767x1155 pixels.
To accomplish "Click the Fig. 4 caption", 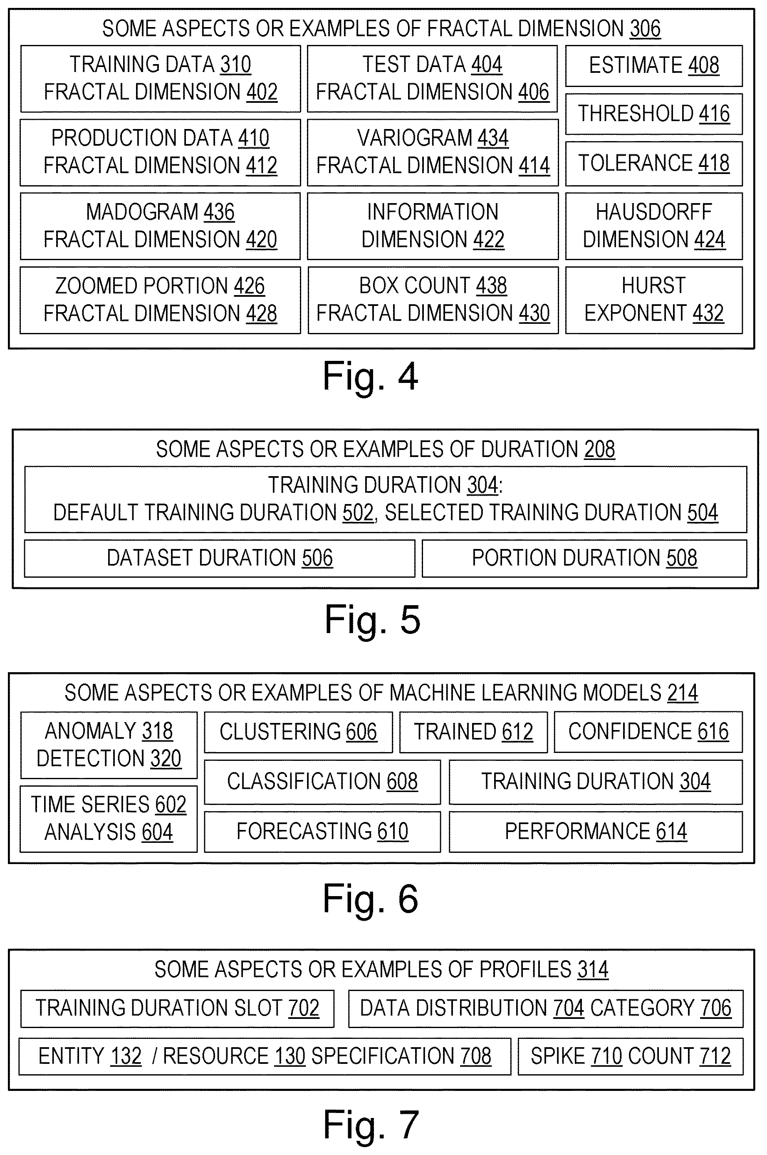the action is pos(370,376).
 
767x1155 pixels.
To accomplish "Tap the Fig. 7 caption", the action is pos(371,1124).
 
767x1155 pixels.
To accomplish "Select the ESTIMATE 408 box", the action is pos(654,66).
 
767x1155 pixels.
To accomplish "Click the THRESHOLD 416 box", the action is pos(654,114).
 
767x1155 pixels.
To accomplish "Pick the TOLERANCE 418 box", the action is pos(654,164).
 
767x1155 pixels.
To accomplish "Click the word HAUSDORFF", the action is pos(653,212).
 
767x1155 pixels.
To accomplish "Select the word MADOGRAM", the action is pos(142,212).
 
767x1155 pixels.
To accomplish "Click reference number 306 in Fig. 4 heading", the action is pos(645,28).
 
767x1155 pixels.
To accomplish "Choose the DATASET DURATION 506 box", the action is pos(220,559).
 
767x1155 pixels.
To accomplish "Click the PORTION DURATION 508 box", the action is pos(584,559).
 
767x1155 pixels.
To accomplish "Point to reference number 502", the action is pos(358,512).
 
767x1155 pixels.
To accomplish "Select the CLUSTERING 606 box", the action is pos(298,732).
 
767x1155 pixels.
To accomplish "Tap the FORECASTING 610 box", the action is pos(322,832).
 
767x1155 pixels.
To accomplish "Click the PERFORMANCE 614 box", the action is pos(596,832).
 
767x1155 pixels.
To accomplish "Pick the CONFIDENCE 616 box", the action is pos(648,732).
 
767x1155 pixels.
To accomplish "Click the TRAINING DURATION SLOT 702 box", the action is pos(178,1008).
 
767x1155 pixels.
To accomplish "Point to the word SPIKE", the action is pos(558,1056).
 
